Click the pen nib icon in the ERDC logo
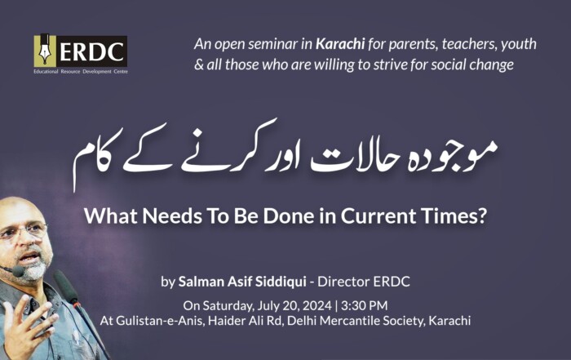point(45,51)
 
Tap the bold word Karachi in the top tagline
point(340,44)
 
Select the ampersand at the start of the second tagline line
point(199,64)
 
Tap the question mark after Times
point(483,216)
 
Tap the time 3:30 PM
point(364,305)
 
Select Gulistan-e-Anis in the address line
point(160,321)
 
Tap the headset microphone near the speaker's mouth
point(17,271)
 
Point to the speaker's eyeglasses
point(23,231)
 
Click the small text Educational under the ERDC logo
point(46,71)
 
